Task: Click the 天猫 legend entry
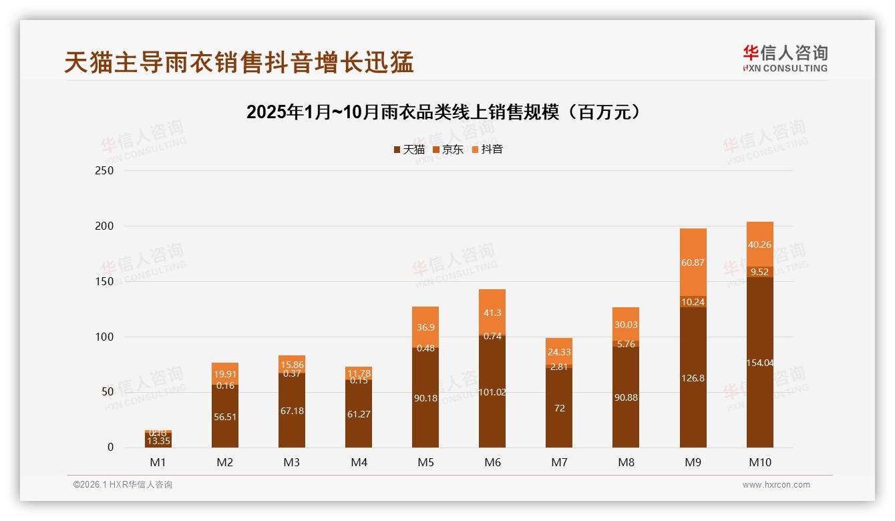tap(409, 150)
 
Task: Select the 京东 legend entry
tap(448, 150)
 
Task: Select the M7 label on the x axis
tap(559, 462)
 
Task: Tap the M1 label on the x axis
tap(158, 462)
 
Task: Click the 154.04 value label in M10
tap(759, 363)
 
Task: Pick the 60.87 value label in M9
tap(693, 263)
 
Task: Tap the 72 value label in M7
tap(559, 408)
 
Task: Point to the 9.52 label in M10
tap(759, 272)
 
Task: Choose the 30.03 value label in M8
tap(626, 325)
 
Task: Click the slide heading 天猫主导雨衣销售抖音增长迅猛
tap(239, 62)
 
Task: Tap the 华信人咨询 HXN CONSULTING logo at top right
tap(785, 58)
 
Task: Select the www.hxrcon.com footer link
tap(776, 485)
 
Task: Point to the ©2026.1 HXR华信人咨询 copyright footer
tap(123, 485)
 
